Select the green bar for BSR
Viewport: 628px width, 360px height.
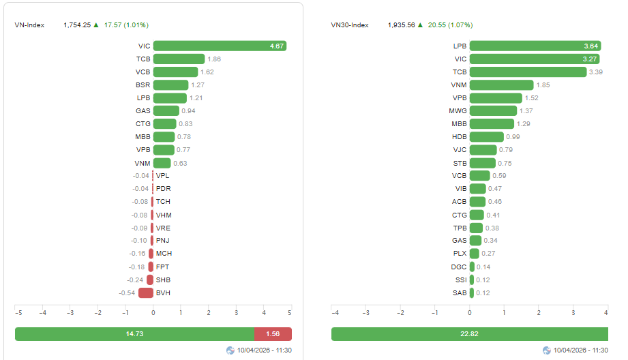coord(170,85)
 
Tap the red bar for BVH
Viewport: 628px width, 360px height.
coord(145,293)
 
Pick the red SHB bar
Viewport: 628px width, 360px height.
coord(149,280)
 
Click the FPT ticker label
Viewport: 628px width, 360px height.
coord(163,267)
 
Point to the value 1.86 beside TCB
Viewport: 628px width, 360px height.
coord(214,59)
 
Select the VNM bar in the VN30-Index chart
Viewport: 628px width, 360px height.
coord(501,85)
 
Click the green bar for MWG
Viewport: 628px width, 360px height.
coord(493,111)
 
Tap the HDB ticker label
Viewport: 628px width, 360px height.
coord(459,137)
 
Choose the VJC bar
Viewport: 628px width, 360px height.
coord(483,150)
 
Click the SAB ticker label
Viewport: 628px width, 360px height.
coord(460,293)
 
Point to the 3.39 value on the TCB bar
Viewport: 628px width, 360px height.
coord(597,72)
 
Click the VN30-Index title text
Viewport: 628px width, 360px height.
coord(350,25)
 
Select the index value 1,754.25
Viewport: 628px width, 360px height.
coord(77,25)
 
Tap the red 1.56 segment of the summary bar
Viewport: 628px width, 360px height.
coord(273,334)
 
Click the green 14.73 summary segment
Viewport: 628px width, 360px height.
coord(134,334)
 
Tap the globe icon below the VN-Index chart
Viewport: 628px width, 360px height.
coord(230,350)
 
